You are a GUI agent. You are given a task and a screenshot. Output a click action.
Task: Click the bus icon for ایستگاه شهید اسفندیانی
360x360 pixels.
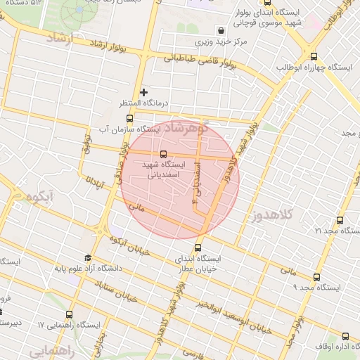coord(163,153)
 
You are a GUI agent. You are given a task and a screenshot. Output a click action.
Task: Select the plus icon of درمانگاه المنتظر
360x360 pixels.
coord(144,92)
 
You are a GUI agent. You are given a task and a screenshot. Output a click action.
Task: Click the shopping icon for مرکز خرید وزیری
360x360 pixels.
coord(221,30)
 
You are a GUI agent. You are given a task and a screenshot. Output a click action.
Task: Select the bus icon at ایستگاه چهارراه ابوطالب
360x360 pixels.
coord(314,56)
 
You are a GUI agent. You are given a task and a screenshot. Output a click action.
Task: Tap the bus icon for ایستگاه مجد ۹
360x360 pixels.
coord(316,277)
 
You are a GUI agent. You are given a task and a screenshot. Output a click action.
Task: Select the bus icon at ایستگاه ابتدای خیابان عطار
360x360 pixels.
coord(198,247)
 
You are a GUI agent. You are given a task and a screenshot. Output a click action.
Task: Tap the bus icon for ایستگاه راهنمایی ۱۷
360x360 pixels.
coord(69,314)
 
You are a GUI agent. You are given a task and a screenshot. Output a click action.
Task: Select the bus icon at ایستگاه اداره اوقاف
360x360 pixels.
coord(345,337)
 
